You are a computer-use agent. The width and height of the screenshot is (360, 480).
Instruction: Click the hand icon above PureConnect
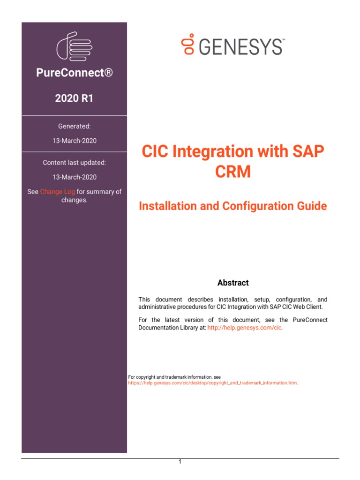pos(74,46)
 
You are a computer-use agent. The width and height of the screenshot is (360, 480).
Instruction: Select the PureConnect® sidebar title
pos(75,73)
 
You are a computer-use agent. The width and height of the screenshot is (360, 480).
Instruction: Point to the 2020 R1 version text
pos(75,98)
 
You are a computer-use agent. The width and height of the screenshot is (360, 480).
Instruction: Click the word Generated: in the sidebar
pos(75,126)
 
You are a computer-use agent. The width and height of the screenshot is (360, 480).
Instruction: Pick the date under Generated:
pos(75,141)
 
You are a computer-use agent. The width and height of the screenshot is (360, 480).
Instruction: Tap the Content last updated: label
pos(75,163)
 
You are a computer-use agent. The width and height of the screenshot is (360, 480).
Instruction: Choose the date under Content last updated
pos(75,177)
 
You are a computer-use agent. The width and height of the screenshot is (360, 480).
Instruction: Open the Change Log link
pos(57,192)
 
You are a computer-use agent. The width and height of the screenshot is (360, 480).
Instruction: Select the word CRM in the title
pos(233,172)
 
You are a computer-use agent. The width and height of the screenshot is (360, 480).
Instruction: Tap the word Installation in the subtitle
pos(169,206)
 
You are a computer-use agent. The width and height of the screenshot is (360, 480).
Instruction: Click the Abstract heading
pos(233,283)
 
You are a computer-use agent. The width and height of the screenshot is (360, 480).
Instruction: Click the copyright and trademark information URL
pos(213,383)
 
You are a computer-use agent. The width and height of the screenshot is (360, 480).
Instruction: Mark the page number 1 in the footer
pos(180,462)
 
